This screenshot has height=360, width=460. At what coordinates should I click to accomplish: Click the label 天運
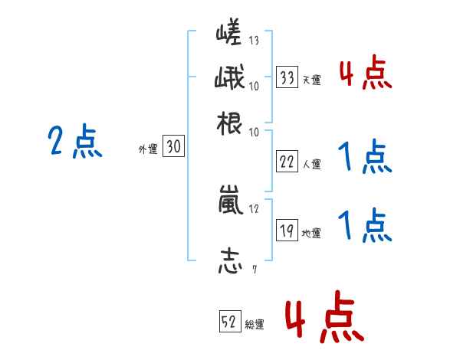(x=311, y=80)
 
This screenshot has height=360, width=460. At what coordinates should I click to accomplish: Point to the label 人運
(x=311, y=164)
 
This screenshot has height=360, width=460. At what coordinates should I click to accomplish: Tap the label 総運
(x=255, y=325)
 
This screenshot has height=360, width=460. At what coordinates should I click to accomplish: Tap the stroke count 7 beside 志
(x=254, y=269)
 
